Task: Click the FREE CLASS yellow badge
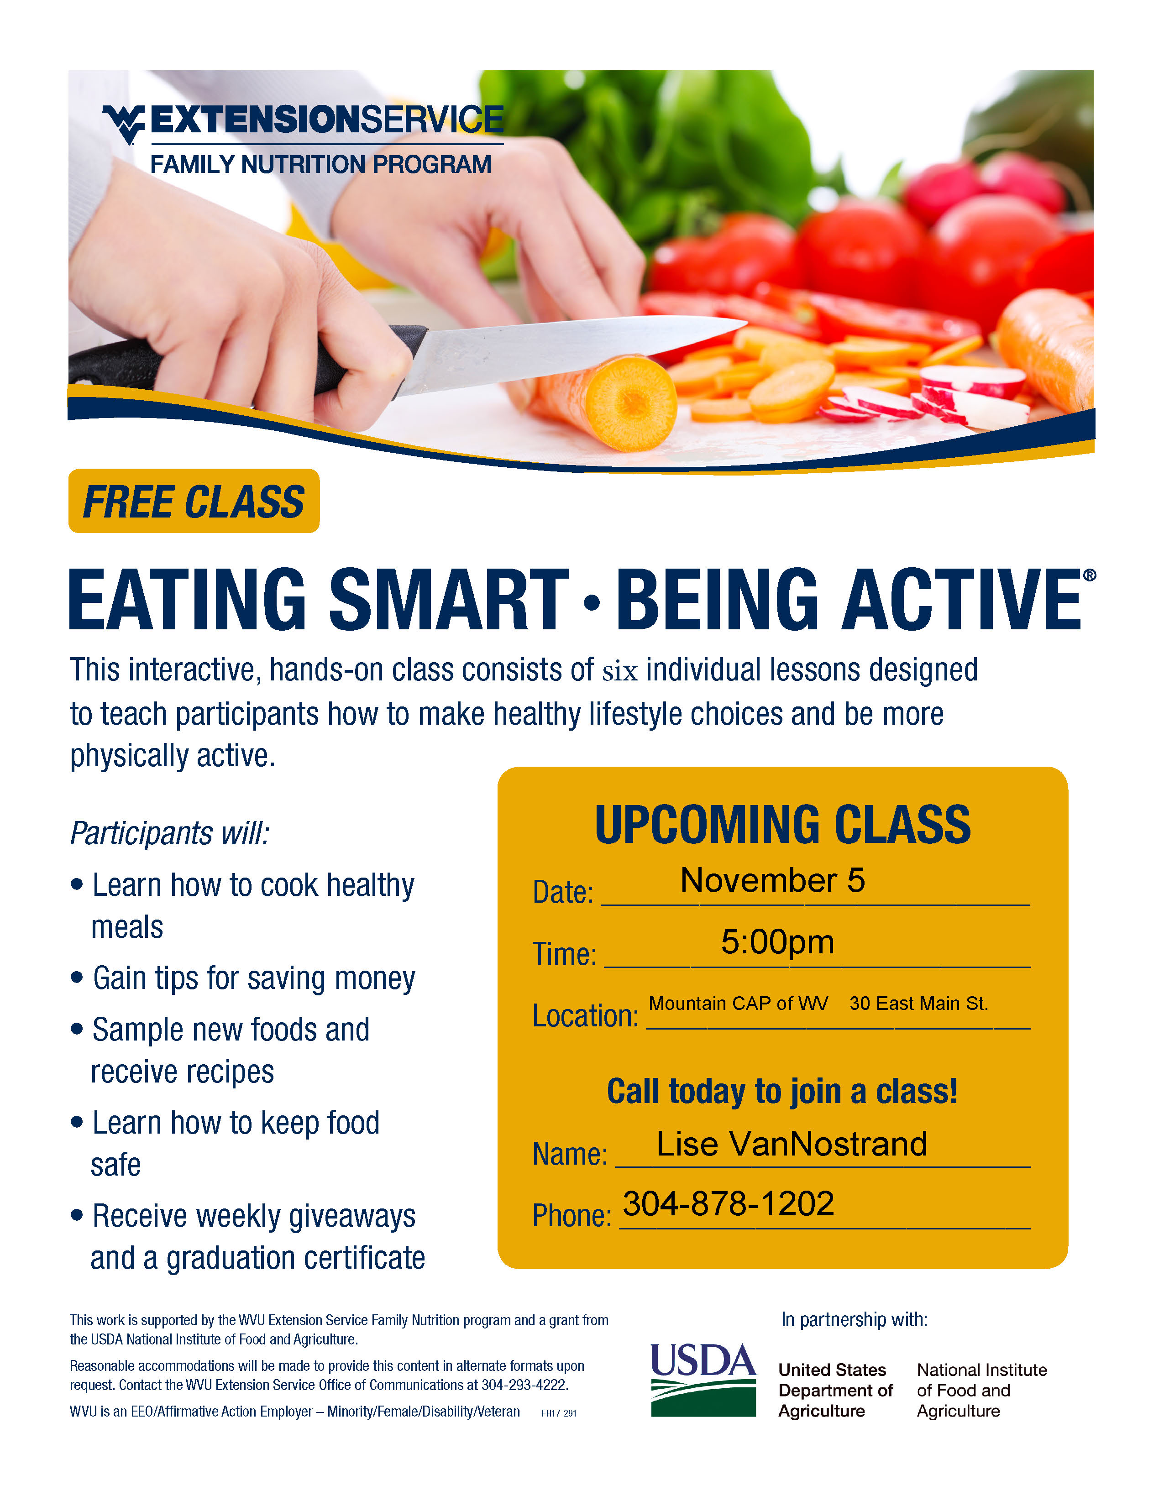[194, 501]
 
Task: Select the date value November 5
[772, 880]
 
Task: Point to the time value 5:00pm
[777, 942]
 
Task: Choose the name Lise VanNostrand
[792, 1144]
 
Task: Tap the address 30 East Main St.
[918, 1003]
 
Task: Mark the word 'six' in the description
[620, 671]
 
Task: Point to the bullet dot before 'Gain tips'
[77, 977]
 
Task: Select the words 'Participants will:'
[170, 833]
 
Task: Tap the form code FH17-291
[559, 1413]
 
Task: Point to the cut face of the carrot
[630, 403]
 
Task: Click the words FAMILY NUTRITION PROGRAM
[320, 165]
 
